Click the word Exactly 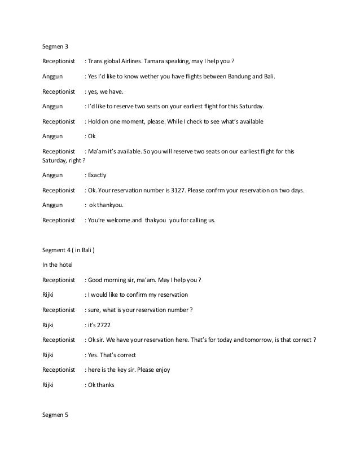pyautogui.click(x=96, y=176)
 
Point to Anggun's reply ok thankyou pyautogui.click(x=106, y=205)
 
